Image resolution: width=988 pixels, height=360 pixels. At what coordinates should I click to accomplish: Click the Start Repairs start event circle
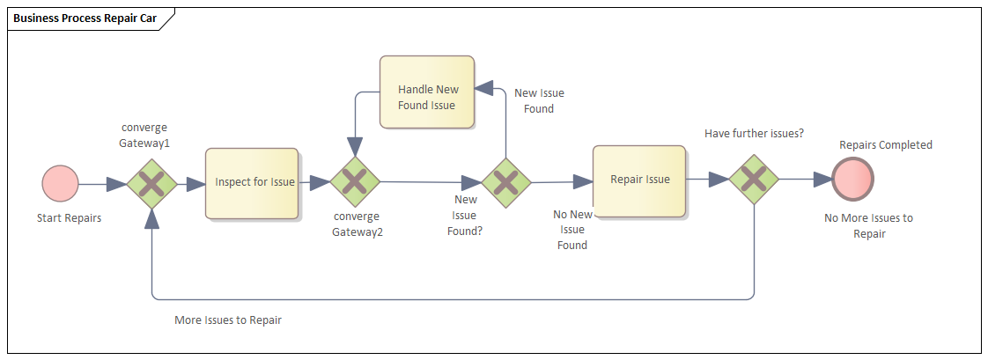point(61,184)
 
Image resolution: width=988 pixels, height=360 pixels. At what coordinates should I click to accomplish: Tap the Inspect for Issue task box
point(252,183)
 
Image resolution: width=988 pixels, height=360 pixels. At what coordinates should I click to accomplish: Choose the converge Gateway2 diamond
point(354,182)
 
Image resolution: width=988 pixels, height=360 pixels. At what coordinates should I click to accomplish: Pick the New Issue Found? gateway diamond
point(505,183)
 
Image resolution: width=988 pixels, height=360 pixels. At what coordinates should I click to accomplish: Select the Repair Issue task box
point(639,180)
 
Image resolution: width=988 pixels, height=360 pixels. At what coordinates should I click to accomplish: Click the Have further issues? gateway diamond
point(755,180)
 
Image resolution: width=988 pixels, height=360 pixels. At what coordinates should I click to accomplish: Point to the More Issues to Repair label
point(228,320)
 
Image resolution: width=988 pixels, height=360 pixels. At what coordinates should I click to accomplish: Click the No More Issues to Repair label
point(868,226)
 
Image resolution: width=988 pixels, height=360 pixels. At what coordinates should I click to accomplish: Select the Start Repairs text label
point(69,218)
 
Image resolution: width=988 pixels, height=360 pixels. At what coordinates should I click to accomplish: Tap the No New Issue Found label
point(572,230)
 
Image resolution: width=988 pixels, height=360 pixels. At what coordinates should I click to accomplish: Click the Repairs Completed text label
point(885,145)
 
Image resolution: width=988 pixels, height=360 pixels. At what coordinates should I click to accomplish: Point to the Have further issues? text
point(754,133)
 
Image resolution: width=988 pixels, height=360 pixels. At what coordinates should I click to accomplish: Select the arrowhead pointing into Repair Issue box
point(584,182)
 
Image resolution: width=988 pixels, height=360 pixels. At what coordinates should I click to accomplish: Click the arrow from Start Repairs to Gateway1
point(102,184)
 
